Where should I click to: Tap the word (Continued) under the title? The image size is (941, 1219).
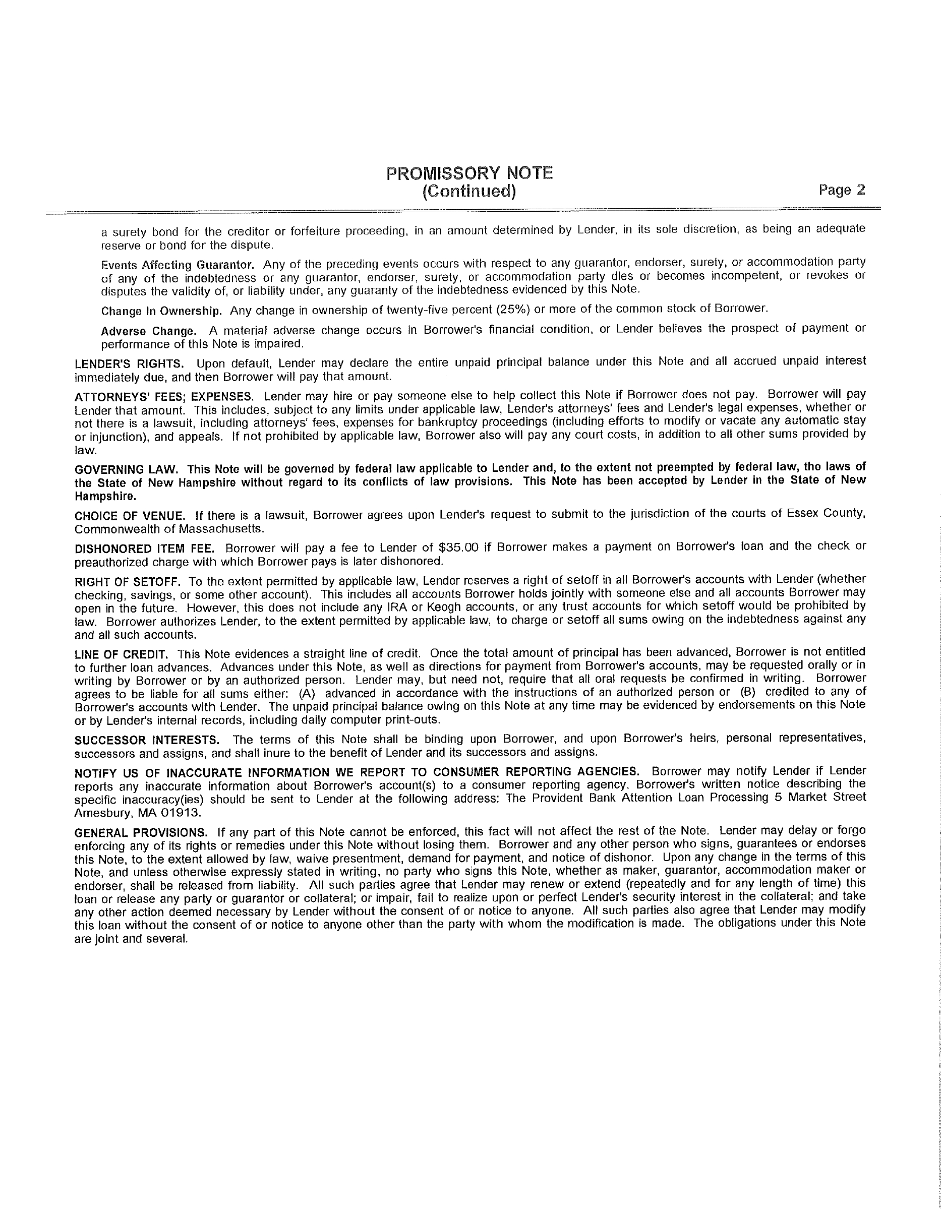[469, 192]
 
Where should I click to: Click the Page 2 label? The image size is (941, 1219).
[842, 191]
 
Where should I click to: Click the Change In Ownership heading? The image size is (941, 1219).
[161, 311]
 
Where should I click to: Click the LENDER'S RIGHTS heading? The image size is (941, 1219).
[129, 364]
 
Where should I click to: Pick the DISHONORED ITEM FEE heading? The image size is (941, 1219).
[144, 548]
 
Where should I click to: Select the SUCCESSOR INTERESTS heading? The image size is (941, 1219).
[147, 740]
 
